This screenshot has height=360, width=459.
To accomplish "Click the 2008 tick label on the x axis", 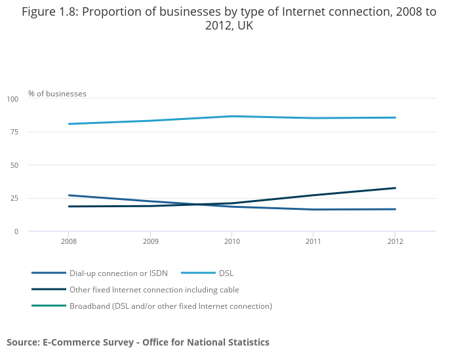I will click(x=69, y=242).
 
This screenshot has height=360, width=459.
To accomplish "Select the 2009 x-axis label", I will click(x=150, y=242).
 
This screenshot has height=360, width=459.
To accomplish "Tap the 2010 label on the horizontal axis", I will click(x=232, y=242).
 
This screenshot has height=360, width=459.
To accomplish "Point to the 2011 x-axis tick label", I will click(x=313, y=242).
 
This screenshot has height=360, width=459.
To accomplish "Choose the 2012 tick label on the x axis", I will click(x=395, y=242).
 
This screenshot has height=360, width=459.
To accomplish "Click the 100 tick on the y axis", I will click(x=12, y=99).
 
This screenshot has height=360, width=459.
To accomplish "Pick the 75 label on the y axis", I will click(x=14, y=132).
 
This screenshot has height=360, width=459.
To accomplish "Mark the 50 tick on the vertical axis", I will click(x=14, y=165).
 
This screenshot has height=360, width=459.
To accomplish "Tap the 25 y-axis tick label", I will click(x=14, y=198).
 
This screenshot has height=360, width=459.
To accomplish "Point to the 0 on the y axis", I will click(x=16, y=231).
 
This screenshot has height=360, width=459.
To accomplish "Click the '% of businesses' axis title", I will click(x=57, y=94).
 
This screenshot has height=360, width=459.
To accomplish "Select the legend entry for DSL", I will click(x=226, y=273).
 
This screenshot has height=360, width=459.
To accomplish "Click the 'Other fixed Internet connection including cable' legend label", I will click(x=154, y=289).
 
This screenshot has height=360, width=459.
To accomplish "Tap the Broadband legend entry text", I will click(x=170, y=306).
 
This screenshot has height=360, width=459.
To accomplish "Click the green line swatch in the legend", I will click(x=49, y=306).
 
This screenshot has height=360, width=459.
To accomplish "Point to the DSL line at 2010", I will click(x=232, y=116).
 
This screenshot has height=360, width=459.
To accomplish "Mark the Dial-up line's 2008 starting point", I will click(x=69, y=195).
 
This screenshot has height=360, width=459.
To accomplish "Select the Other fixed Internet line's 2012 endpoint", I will click(x=395, y=188).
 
